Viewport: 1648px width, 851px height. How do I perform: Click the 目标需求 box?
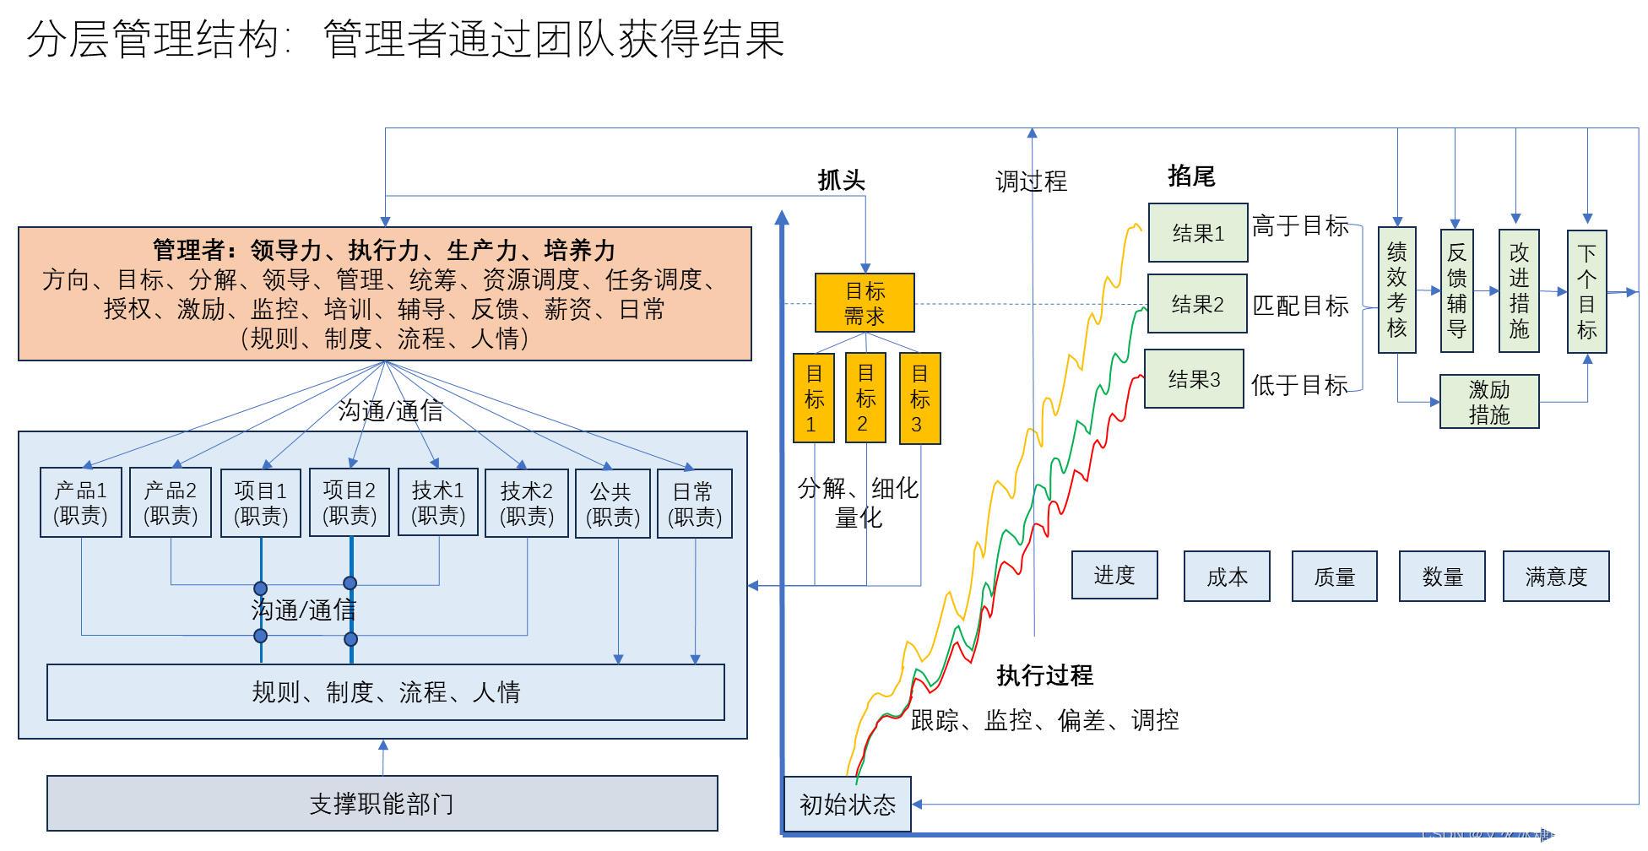pyautogui.click(x=865, y=303)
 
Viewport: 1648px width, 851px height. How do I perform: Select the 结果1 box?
pyautogui.click(x=1197, y=233)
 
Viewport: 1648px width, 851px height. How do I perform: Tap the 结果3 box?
pyautogui.click(x=1194, y=379)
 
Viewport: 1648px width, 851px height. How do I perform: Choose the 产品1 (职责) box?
pyautogui.click(x=81, y=502)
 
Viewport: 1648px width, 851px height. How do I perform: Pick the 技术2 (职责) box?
pyautogui.click(x=527, y=503)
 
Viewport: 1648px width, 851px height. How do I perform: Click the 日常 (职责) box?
pyautogui.click(x=695, y=503)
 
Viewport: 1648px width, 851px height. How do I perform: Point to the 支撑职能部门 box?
pyautogui.click(x=382, y=804)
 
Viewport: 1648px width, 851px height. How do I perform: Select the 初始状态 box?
pyautogui.click(x=848, y=805)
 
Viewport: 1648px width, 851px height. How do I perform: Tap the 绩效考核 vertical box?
pyautogui.click(x=1397, y=290)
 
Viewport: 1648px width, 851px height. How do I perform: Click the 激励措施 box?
pyautogui.click(x=1489, y=402)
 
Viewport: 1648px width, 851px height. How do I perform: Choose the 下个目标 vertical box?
pyautogui.click(x=1586, y=292)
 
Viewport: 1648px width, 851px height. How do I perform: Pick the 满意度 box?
pyautogui.click(x=1556, y=577)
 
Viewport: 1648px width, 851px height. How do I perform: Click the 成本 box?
pyautogui.click(x=1227, y=577)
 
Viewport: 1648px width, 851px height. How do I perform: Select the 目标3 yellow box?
pyautogui.click(x=919, y=398)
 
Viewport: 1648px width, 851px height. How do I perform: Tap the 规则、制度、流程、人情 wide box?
pyautogui.click(x=386, y=692)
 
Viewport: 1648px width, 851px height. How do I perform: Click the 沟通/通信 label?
pyautogui.click(x=303, y=610)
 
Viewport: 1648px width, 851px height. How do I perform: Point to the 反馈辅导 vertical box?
pyautogui.click(x=1457, y=290)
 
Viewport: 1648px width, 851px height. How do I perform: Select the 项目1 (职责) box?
pyautogui.click(x=261, y=503)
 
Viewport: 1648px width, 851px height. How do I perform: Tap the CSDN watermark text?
pyautogui.click(x=1527, y=834)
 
